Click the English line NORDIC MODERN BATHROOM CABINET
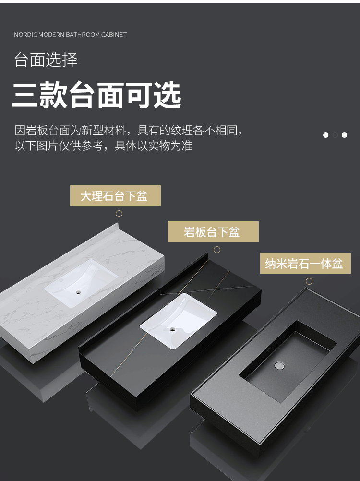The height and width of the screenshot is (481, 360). pos(70,35)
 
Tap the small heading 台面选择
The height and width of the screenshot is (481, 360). pos(46,60)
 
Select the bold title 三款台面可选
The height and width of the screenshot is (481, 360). pos(96,95)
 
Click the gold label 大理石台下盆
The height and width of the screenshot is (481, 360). pos(115,196)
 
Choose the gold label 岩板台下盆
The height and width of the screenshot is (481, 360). pos(213,231)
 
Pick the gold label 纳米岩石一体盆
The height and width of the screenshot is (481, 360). pos(305,263)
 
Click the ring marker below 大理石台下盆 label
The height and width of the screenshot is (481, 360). pos(119,214)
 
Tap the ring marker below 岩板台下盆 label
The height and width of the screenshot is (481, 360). pos(217,250)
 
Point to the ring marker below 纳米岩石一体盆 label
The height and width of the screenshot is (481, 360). pos(309,281)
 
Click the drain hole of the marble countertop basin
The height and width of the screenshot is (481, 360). pos(78,292)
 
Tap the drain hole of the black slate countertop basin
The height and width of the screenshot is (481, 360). pos(173,330)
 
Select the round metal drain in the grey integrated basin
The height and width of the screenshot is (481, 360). pos(279,365)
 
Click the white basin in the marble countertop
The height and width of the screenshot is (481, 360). pos(81,283)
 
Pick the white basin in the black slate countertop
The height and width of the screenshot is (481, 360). pos(179,321)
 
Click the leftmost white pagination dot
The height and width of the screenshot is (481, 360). pos(325,135)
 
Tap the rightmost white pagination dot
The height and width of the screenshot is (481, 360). pos(344,135)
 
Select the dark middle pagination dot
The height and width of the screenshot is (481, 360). pos(335,135)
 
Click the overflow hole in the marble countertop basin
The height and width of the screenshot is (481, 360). pos(61,280)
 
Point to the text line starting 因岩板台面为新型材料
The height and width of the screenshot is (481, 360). pos(129,131)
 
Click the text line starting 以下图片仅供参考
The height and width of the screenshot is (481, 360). pos(103,145)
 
